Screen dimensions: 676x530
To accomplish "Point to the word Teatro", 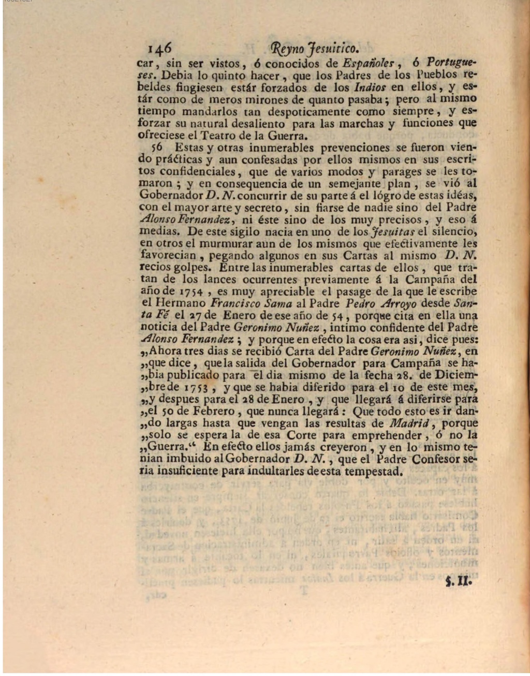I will tap(238, 136).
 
